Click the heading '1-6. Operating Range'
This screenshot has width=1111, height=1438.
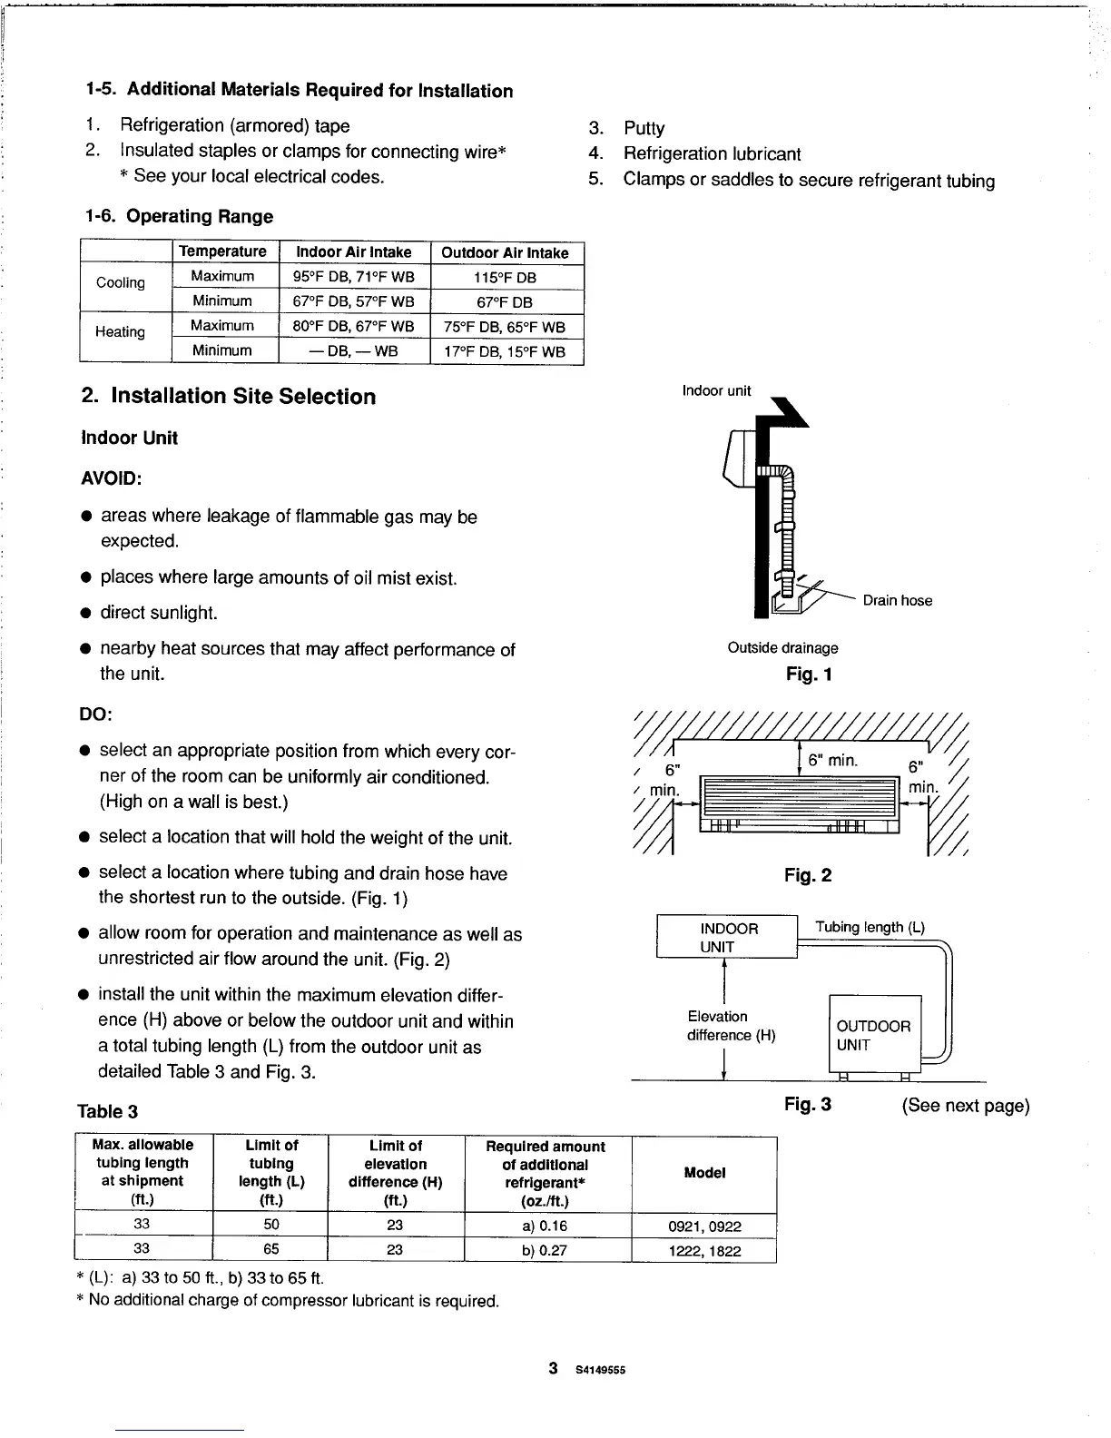(x=178, y=216)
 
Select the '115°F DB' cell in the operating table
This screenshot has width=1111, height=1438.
(x=506, y=277)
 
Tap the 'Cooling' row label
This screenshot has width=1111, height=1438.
(x=121, y=282)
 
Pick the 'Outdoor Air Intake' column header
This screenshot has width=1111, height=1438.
(x=505, y=252)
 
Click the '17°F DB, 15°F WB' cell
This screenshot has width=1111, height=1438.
(x=506, y=351)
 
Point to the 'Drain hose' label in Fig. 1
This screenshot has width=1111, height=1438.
(x=897, y=600)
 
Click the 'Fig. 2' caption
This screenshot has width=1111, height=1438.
(x=808, y=875)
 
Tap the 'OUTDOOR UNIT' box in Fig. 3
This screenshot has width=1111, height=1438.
(x=873, y=1035)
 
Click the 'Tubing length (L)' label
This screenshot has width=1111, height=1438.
(x=870, y=927)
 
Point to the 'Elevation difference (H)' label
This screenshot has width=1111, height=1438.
(x=731, y=1026)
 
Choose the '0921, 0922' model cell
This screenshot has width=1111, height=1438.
(x=704, y=1226)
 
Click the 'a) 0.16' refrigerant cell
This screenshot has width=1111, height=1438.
(x=546, y=1226)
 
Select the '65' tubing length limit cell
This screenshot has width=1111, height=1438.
(x=270, y=1249)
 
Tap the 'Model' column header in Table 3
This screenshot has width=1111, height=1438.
(x=704, y=1173)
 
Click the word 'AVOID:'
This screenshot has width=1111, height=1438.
(x=112, y=478)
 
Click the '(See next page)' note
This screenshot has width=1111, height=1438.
(x=965, y=1106)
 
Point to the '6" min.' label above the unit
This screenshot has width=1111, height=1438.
(x=832, y=760)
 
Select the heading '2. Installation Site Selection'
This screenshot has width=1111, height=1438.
(x=228, y=397)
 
